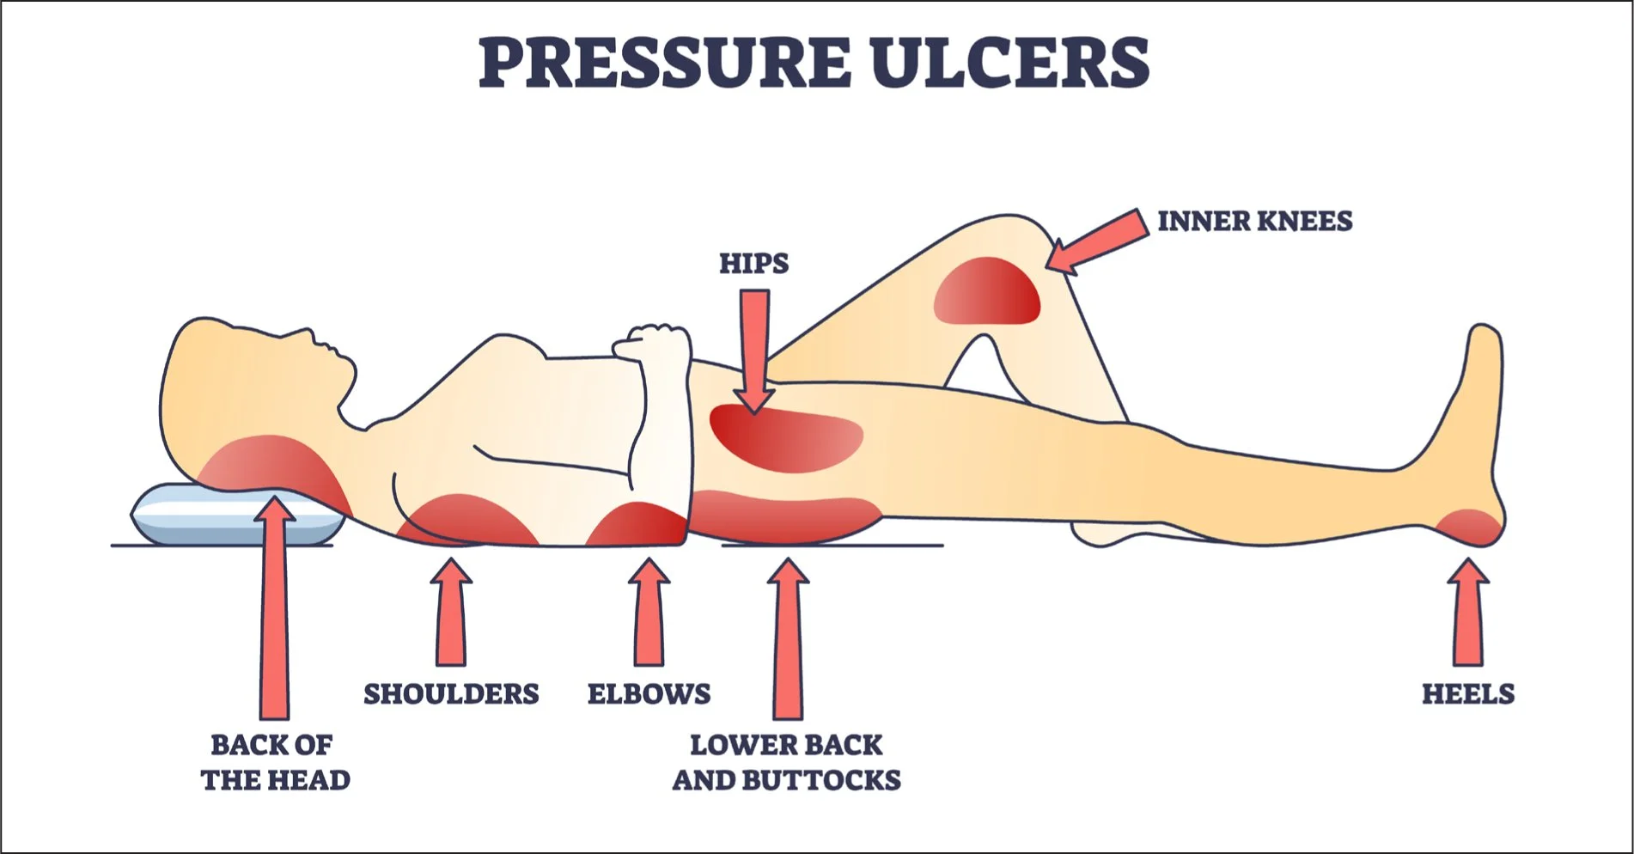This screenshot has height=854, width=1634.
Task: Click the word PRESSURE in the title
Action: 663,64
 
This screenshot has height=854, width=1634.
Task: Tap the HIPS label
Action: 753,263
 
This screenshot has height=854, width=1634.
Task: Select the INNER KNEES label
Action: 1254,222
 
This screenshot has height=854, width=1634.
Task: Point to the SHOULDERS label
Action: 451,694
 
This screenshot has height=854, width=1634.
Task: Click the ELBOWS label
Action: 649,694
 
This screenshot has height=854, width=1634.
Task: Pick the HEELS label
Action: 1467,694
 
